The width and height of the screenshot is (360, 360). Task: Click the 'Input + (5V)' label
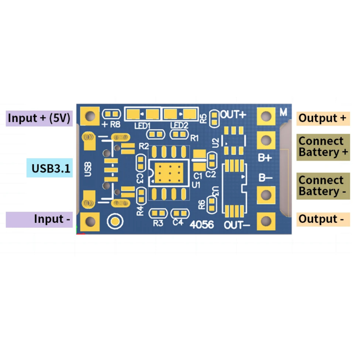39,118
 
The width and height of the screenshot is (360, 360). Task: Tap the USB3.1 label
51,168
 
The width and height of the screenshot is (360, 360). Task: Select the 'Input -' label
52,219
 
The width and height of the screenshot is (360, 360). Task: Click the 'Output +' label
322,118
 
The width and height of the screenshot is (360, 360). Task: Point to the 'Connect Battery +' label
323,147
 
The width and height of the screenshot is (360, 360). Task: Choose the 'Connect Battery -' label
323,186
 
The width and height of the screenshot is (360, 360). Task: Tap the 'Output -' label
321,219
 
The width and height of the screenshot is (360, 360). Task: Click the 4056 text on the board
201,224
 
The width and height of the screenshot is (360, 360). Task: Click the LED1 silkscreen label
142,126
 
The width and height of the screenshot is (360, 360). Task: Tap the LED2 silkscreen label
179,126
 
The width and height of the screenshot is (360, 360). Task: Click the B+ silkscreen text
265,158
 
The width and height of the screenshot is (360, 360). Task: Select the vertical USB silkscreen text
88,169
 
